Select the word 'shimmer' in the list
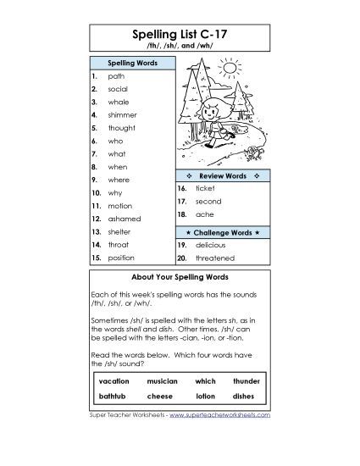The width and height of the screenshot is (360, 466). [x=122, y=114]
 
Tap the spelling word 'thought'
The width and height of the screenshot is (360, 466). [x=122, y=128]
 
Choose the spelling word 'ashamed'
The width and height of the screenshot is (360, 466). [x=124, y=219]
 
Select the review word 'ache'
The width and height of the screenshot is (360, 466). [x=203, y=216]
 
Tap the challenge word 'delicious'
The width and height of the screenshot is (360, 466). [x=211, y=244]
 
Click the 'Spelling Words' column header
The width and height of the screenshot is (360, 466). [x=131, y=63]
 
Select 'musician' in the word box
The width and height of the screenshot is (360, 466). [x=162, y=382]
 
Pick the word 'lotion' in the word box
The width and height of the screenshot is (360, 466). [x=205, y=397]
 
